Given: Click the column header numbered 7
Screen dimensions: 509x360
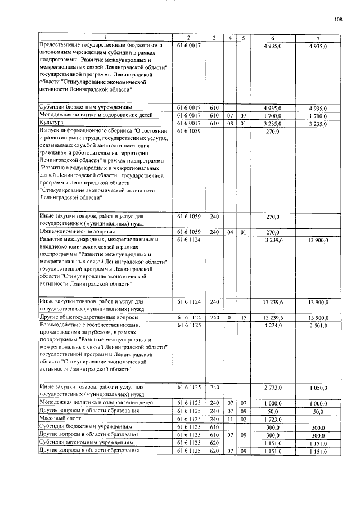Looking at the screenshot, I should (318, 38).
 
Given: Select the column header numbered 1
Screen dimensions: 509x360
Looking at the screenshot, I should (105, 38).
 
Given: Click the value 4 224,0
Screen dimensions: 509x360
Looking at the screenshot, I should (272, 326).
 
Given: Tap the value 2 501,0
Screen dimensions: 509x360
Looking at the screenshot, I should (318, 326).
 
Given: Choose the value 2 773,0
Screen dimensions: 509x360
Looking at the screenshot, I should (272, 388).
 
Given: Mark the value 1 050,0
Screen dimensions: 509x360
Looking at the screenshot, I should (318, 388).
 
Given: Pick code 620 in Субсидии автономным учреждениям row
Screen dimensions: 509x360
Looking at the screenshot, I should (214, 443).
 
